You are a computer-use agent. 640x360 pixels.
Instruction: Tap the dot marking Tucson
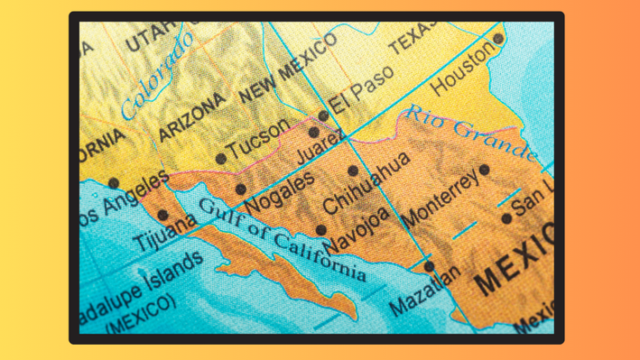(x=221, y=159)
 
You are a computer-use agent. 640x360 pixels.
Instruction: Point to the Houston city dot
(x=498, y=40)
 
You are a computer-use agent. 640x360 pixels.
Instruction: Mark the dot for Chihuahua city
(x=353, y=171)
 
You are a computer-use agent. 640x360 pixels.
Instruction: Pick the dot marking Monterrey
(x=485, y=170)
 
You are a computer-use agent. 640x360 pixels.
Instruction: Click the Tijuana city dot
(x=162, y=216)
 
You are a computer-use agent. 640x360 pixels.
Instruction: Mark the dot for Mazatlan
(x=430, y=266)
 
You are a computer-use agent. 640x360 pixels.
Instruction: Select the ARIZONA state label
(x=191, y=117)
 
